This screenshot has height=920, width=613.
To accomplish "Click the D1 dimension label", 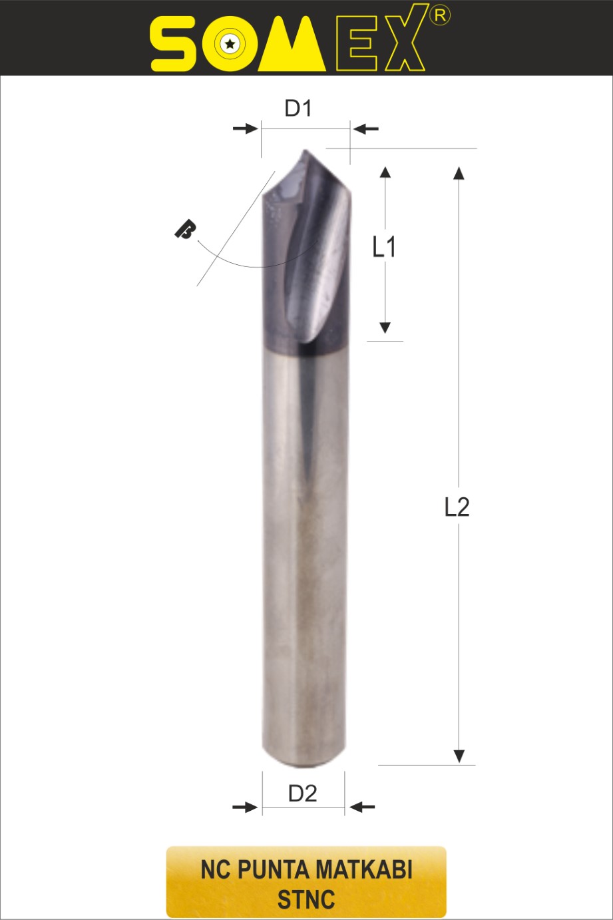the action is [298, 109].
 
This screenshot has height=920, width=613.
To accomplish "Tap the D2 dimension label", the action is [303, 794].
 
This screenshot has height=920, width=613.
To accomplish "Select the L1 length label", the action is [384, 247].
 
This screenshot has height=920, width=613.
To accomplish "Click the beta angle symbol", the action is [185, 230].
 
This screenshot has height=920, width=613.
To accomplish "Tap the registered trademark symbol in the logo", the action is [440, 15].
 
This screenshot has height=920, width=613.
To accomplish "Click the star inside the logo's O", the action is [230, 43].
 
